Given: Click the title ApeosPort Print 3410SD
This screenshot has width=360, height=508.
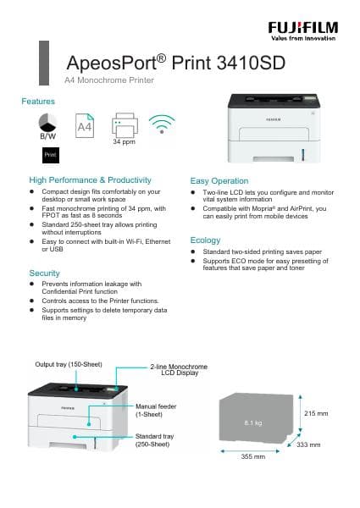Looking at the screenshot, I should click(x=175, y=63).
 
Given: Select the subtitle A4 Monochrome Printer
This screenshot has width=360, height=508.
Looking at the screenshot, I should click(x=110, y=80).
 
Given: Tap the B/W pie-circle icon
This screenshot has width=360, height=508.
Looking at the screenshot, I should click(x=48, y=120).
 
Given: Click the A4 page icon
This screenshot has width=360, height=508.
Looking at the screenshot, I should click(x=85, y=126).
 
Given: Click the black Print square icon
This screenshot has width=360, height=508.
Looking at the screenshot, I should click(x=50, y=155).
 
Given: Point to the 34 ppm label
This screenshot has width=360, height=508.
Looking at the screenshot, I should click(x=124, y=141).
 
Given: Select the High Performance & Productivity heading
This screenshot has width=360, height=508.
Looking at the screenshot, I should click(x=90, y=180).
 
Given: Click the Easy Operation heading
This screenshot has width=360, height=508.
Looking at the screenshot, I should click(x=219, y=181).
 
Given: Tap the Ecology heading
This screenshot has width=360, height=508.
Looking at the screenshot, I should click(x=205, y=240).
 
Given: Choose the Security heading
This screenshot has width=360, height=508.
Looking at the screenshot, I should click(x=44, y=273).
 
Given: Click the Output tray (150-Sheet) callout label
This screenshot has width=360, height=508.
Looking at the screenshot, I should click(x=69, y=364).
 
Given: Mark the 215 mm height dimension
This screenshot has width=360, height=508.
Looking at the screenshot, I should click(x=315, y=413).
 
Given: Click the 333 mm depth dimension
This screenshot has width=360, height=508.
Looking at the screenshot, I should click(x=308, y=444).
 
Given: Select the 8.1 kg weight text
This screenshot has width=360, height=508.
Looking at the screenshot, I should click(x=254, y=422).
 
